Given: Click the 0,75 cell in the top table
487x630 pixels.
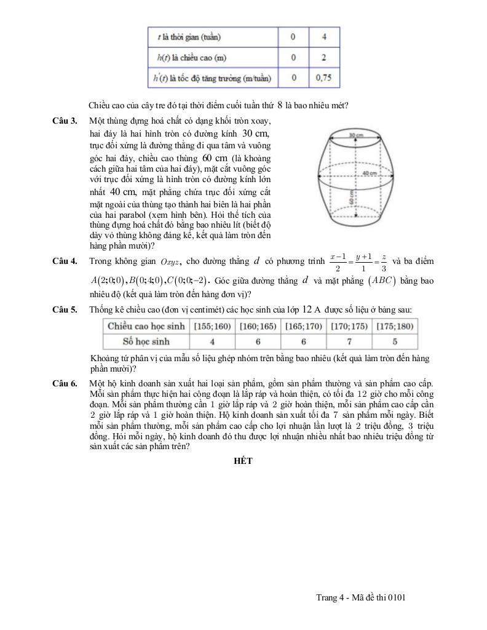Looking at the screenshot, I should click(323, 78).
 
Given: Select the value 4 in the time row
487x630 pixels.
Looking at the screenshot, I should click(323, 37).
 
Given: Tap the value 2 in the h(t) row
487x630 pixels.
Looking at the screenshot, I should click(323, 57).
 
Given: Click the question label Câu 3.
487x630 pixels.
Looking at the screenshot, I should click(65, 121).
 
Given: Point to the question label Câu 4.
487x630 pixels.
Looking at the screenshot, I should click(65, 261).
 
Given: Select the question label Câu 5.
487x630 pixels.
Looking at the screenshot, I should click(65, 309).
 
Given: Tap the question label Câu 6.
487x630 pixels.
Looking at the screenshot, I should click(65, 385).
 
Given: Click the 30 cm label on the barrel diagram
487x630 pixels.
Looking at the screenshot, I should click(355, 134).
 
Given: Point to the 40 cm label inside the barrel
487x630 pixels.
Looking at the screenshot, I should click(369, 173).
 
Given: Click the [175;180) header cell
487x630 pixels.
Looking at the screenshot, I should click(395, 326).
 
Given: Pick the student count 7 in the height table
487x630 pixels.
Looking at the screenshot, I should click(349, 341).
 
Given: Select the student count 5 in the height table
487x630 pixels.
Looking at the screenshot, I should click(395, 341).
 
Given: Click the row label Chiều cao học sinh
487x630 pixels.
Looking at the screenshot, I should click(146, 326).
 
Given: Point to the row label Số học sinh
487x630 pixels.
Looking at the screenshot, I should click(146, 341).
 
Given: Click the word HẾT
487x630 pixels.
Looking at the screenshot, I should click(243, 460).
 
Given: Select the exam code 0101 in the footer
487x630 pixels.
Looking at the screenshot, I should click(397, 597).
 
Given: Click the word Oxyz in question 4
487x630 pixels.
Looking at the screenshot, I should click(170, 262).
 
